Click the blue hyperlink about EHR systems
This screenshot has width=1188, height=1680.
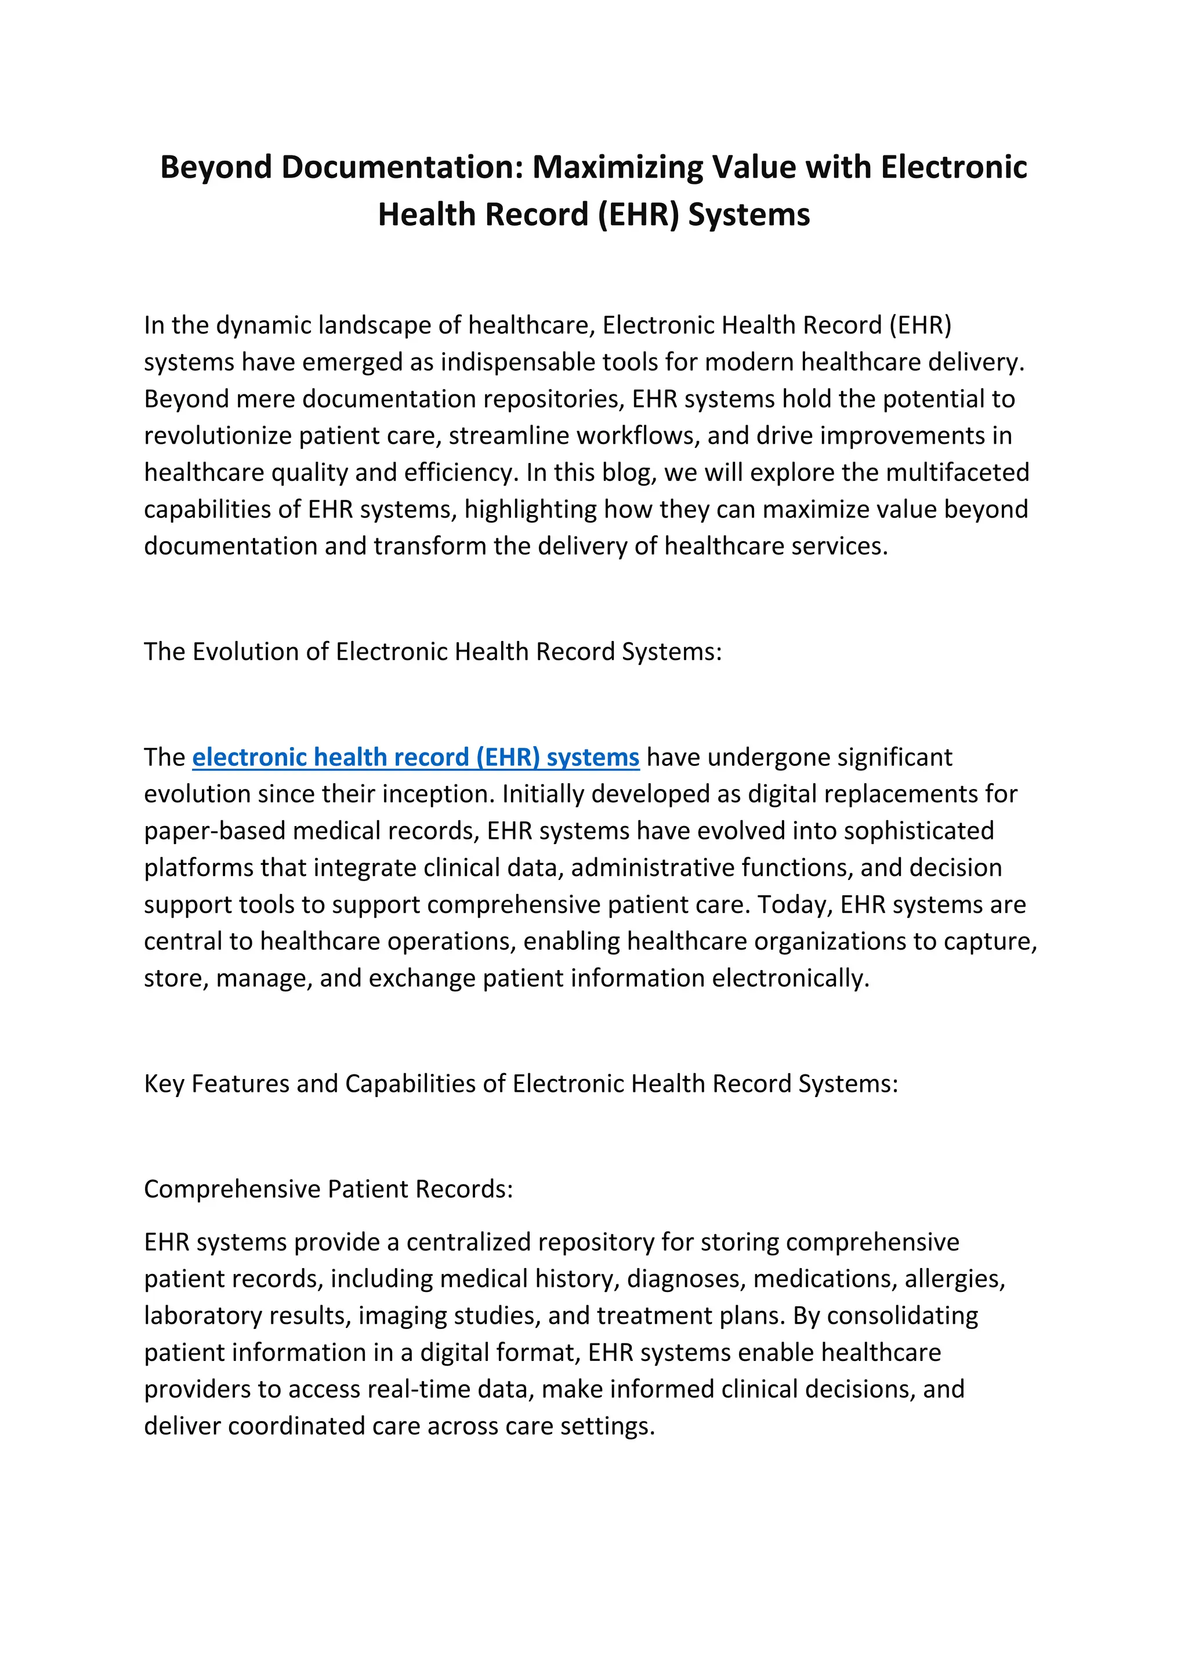point(415,757)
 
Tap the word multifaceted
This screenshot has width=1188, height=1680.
point(958,473)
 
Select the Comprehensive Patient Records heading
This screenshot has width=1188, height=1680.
point(328,1189)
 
